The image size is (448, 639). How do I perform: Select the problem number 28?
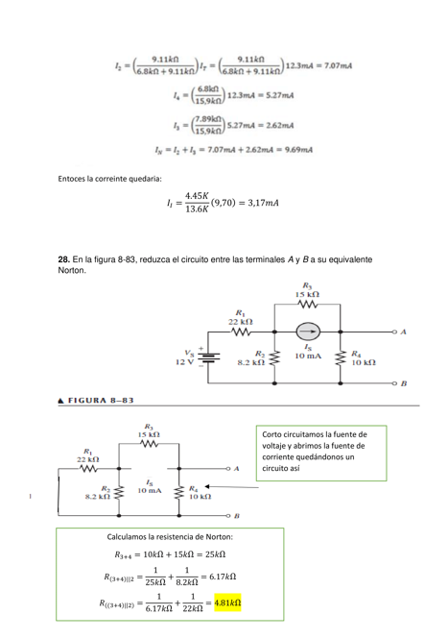click(x=64, y=259)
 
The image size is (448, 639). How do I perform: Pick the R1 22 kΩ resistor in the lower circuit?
click(x=88, y=469)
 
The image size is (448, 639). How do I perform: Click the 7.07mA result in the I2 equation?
click(x=333, y=66)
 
